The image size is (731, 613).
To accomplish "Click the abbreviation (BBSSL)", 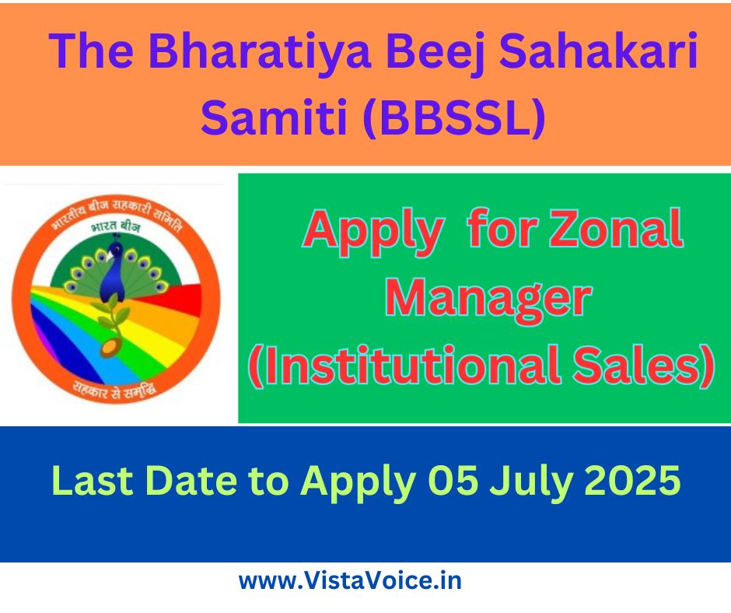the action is point(455,116).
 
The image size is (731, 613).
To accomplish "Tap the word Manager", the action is point(488,299).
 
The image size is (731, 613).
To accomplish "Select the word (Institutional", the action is point(406,365).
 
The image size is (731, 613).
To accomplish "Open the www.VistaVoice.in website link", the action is point(350,581).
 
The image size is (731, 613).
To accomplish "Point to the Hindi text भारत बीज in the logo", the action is point(116,226).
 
